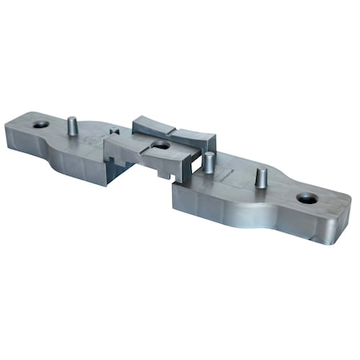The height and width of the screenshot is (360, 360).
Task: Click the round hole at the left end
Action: [40, 125]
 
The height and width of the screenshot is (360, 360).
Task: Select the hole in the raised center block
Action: [161, 146]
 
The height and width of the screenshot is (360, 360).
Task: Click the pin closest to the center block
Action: [209, 162]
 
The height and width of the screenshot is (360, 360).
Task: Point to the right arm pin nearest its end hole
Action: [261, 176]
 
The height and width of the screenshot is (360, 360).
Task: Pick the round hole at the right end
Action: [307, 198]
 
